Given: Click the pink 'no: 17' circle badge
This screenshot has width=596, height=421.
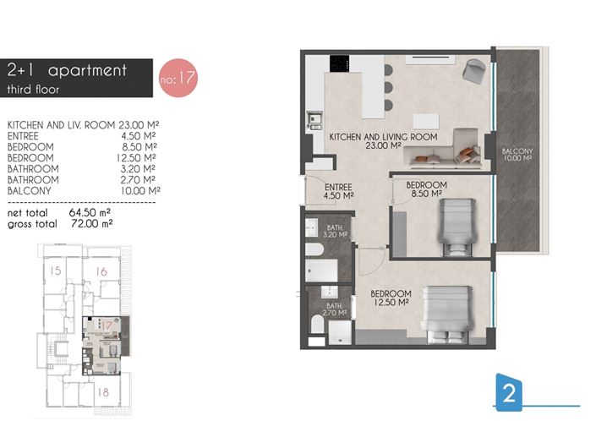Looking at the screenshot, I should pyautogui.click(x=178, y=78).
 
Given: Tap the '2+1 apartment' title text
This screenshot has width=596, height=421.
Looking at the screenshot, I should pyautogui.click(x=66, y=70).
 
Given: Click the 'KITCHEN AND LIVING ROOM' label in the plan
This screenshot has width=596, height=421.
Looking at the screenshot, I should pyautogui.click(x=383, y=140).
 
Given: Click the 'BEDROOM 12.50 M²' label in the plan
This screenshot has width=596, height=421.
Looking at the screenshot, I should pyautogui.click(x=390, y=297).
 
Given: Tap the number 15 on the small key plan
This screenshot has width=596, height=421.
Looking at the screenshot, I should pyautogui.click(x=56, y=271).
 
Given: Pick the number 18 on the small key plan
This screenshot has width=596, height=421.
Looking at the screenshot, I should pyautogui.click(x=102, y=391).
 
